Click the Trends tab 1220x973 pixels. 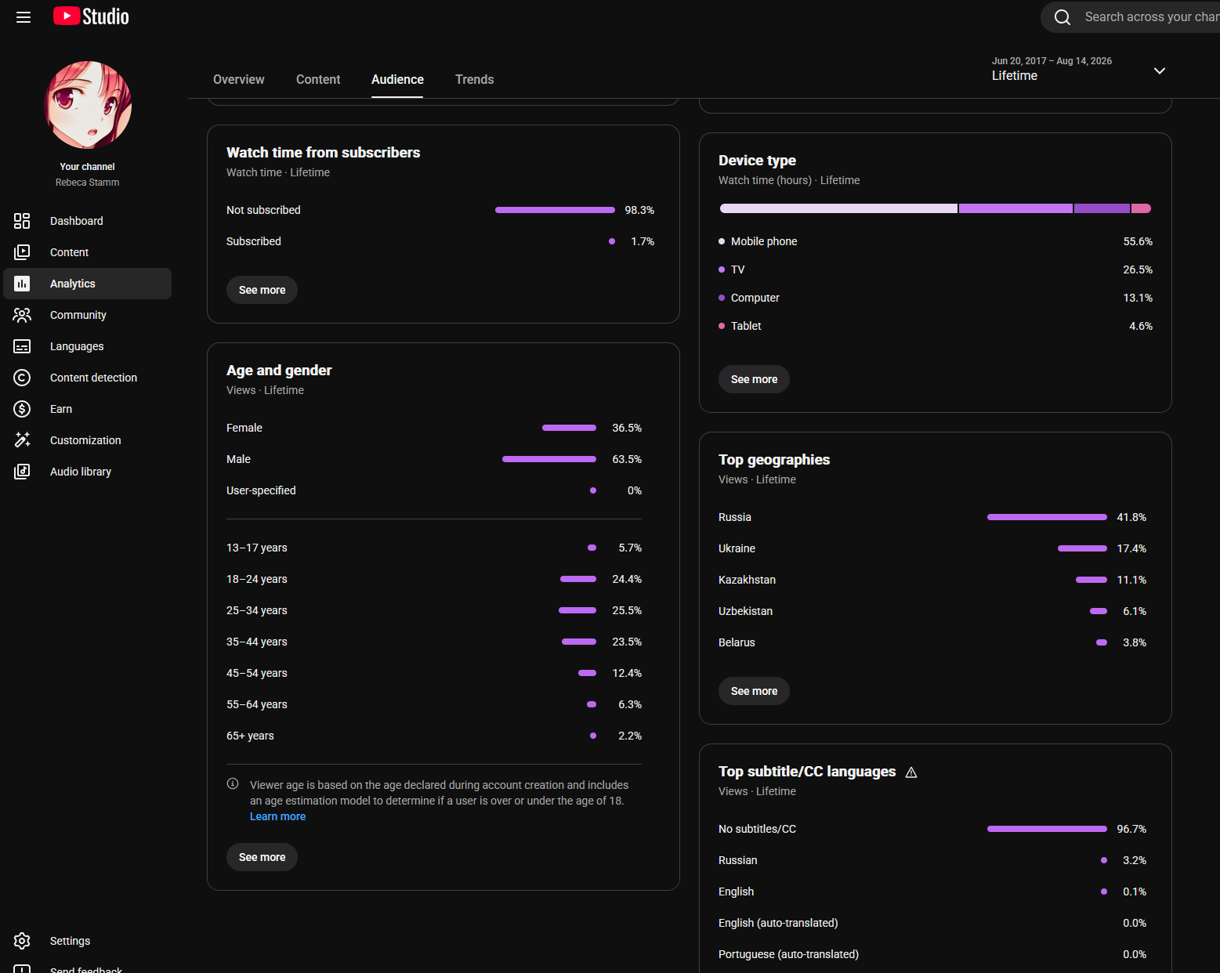point(474,79)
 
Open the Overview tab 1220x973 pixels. point(239,79)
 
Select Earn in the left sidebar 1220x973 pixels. point(60,409)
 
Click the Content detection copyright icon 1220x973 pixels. point(22,378)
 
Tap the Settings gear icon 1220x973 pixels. point(22,941)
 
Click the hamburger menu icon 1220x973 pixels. point(24,17)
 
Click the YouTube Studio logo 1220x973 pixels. point(91,16)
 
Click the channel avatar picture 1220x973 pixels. point(87,105)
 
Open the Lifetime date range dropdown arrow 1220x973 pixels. point(1160,71)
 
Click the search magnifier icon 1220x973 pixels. point(1063,17)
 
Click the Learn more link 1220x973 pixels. point(278,816)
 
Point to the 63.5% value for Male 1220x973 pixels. point(626,459)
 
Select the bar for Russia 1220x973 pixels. point(1047,517)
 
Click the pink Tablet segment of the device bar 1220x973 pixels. point(1141,208)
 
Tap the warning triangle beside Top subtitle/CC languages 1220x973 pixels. point(911,772)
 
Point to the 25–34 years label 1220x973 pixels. point(257,611)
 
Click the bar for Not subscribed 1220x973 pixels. point(555,210)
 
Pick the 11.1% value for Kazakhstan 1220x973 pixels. point(1131,580)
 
